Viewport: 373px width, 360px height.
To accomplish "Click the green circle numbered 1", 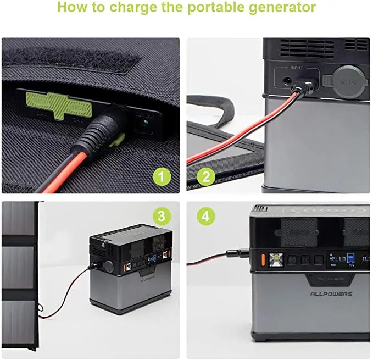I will coord(161,177).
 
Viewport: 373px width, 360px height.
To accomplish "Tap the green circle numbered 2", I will coord(206,177).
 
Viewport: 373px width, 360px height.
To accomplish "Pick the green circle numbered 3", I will coord(161,216).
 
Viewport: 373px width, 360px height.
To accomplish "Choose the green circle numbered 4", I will coord(206,216).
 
